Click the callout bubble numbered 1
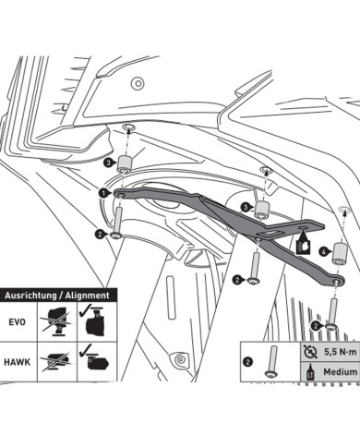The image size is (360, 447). click(x=103, y=193)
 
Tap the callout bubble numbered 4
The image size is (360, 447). click(x=324, y=251)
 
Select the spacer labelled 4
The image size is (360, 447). click(x=340, y=253)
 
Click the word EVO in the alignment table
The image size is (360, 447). click(x=17, y=322)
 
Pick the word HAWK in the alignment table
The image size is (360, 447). click(x=18, y=362)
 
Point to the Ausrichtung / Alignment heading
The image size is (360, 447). click(x=57, y=296)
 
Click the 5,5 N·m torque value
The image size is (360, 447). click(x=341, y=352)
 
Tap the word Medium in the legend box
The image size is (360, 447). click(x=341, y=372)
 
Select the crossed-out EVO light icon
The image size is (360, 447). click(x=57, y=321)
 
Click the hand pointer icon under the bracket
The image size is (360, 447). click(x=303, y=245)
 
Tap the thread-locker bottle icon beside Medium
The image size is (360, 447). click(x=309, y=372)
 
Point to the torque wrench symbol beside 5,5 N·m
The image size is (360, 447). click(x=310, y=352)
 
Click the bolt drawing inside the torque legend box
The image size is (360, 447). click(x=272, y=361)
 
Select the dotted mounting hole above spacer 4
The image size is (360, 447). click(x=342, y=209)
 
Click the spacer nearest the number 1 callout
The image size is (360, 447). click(x=124, y=164)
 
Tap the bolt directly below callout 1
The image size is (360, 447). click(x=117, y=223)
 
